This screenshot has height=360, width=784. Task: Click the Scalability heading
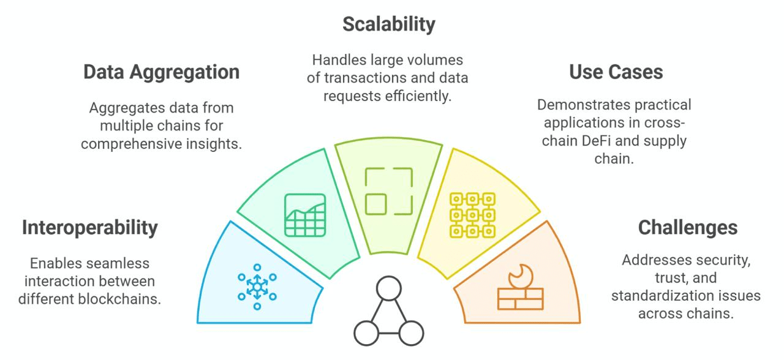pyautogui.click(x=389, y=24)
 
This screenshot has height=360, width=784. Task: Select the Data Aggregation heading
pyautogui.click(x=161, y=72)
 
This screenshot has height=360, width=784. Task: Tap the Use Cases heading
pyautogui.click(x=616, y=72)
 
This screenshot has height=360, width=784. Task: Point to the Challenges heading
pyautogui.click(x=687, y=227)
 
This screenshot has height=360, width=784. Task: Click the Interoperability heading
pyautogui.click(x=89, y=227)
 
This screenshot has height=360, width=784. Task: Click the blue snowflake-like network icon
pyautogui.click(x=257, y=287)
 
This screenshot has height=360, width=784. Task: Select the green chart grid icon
pyautogui.click(x=305, y=215)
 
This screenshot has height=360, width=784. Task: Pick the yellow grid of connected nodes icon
pyautogui.click(x=472, y=215)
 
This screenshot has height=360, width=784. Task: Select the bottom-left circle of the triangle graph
pyautogui.click(x=366, y=333)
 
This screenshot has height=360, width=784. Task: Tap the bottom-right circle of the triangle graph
pyautogui.click(x=410, y=333)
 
